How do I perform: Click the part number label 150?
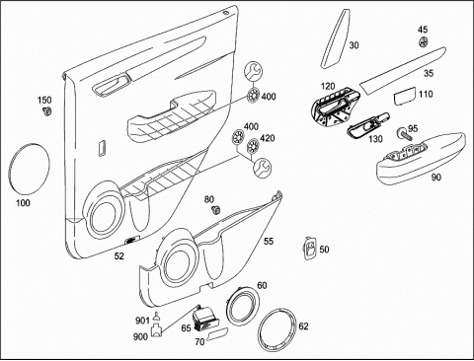pos(44,100)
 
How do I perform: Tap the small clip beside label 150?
pos(47,111)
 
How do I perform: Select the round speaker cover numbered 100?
pos(29,170)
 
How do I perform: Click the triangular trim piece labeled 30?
pos(335,38)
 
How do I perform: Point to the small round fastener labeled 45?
pos(423,42)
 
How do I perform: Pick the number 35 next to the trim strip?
pos(429,73)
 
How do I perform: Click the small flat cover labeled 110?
pos(405,97)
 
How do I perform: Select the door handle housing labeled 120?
pos(334,108)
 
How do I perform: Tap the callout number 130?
pos(375,139)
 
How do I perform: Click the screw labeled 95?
pos(405,134)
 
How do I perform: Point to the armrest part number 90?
pos(436,178)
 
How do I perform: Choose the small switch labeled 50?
pos(309,249)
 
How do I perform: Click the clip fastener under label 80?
pos(216,209)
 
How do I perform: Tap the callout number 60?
pos(262,285)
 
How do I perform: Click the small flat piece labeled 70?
pos(217,333)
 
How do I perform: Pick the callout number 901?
pos(143,320)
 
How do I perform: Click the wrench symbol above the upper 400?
pos(254,71)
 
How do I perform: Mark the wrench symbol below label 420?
pos(263,167)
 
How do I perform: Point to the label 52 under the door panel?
pos(119,255)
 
